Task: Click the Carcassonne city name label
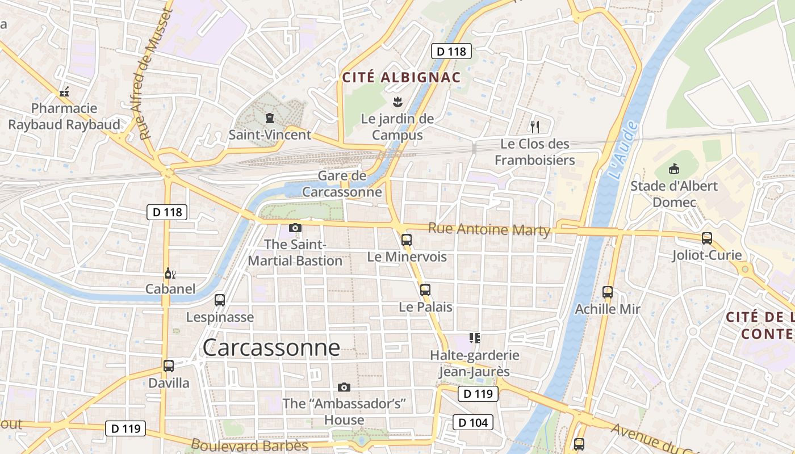[x=271, y=347]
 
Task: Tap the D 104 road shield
[x=472, y=422]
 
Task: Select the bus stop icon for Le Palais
[x=425, y=290]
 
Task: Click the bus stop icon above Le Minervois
[x=407, y=239]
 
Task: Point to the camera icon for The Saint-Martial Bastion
[x=295, y=228]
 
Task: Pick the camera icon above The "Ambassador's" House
[x=344, y=387]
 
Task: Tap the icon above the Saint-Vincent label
[x=269, y=118]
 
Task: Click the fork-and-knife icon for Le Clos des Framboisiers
[x=534, y=127]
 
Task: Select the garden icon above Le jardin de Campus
[x=397, y=103]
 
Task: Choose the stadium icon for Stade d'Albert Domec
[x=674, y=169]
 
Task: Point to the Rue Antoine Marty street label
[x=489, y=229]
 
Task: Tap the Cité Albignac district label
[x=401, y=77]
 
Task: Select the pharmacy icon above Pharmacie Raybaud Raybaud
[x=64, y=92]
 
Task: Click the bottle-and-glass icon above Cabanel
[x=170, y=274]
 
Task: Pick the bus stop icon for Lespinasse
[x=220, y=300]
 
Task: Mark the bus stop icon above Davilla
[x=169, y=366]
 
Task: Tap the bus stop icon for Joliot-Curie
[x=707, y=238]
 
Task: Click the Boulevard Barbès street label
[x=249, y=445]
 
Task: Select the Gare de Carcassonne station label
[x=342, y=184]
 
